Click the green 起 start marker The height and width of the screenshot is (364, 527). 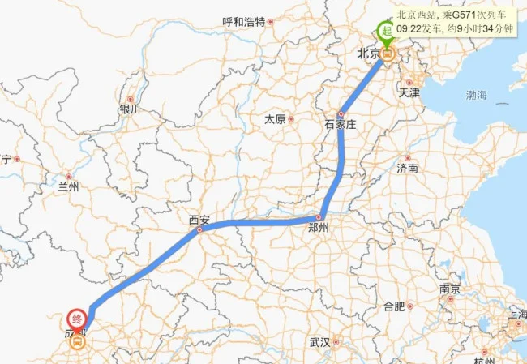point(388,32)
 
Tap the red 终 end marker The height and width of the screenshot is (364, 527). point(77,318)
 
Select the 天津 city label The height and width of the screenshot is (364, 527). point(409,93)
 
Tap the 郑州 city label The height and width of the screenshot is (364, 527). point(319,229)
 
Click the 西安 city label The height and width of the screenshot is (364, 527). point(199,220)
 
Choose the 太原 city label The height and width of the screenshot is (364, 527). point(275,119)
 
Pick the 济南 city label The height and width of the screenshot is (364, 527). point(407,169)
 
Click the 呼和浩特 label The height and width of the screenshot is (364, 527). point(244,22)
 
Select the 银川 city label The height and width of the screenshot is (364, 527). point(129,109)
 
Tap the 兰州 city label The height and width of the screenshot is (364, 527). point(69,186)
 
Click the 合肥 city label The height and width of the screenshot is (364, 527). point(394,306)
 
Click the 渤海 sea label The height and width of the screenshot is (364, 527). point(477,96)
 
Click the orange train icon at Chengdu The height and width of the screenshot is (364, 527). point(77,343)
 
